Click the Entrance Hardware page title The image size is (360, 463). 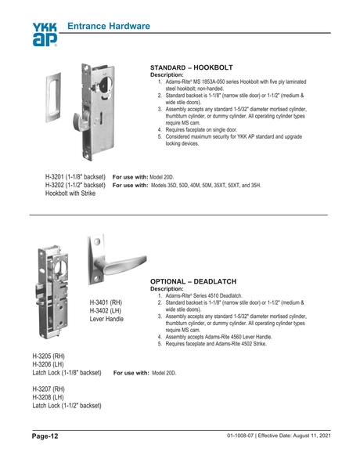[109, 27]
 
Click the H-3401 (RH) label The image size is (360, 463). [106, 302]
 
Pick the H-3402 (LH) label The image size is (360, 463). [106, 310]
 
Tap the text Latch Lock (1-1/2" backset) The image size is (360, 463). [67, 406]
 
